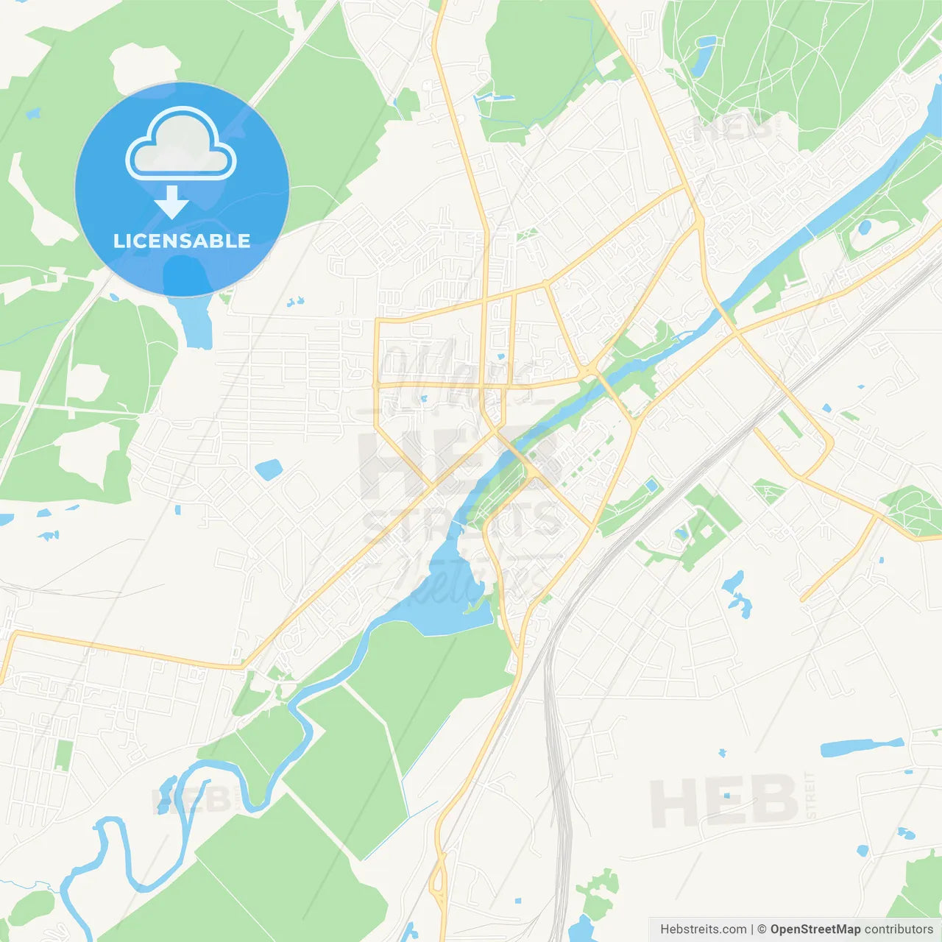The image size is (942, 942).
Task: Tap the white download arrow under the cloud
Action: tap(171, 202)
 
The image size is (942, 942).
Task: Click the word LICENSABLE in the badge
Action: tap(182, 241)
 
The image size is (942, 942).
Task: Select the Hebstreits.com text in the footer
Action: tap(703, 929)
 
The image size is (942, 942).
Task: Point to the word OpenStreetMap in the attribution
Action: tap(815, 929)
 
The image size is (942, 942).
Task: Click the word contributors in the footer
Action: tap(898, 929)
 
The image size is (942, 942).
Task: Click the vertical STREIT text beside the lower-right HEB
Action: tap(810, 795)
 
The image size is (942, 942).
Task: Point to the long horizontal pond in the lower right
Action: tap(861, 747)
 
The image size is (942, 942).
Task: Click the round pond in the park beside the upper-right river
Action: tap(864, 227)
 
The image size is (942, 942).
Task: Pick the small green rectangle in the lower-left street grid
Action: tap(64, 755)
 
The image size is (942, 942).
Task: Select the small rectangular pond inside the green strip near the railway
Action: tap(651, 485)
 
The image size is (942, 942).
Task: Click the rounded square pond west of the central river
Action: tap(269, 469)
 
